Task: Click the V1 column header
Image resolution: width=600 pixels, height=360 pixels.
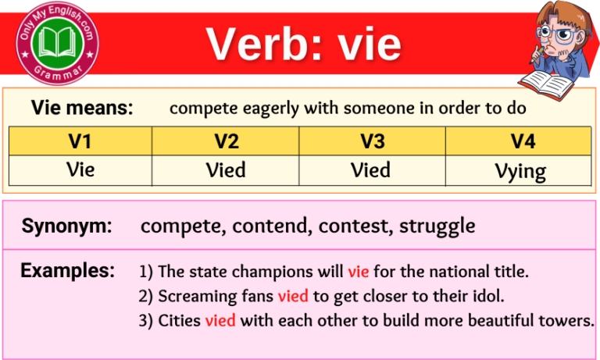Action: point(80,141)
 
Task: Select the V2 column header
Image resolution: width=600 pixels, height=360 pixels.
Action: point(226,141)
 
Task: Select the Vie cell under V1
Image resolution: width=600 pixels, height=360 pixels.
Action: point(80,169)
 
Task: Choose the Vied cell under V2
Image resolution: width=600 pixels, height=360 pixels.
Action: point(226,169)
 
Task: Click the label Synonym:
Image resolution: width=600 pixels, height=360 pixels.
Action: point(66,226)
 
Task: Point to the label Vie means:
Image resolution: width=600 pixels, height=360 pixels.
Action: point(82,109)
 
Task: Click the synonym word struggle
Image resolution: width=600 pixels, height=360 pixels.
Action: point(437,226)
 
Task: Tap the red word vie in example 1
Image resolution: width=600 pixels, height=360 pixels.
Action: point(359,272)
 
